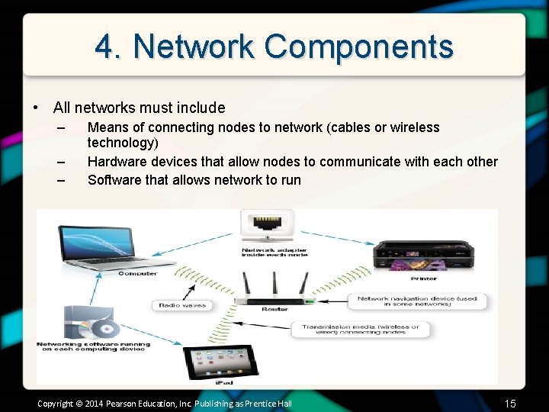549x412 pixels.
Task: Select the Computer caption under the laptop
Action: [138, 273]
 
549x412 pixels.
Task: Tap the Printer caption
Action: [423, 279]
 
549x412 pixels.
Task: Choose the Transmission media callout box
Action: [361, 330]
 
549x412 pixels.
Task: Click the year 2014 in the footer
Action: [91, 403]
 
